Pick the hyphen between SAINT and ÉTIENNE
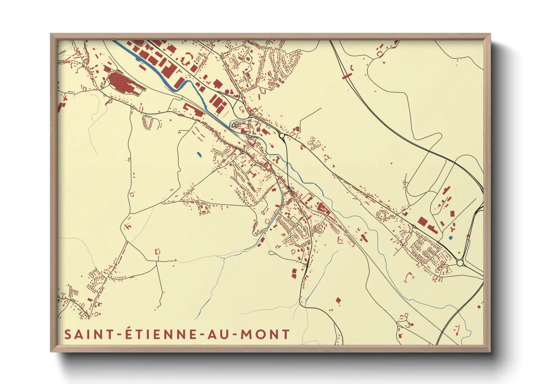[x=118, y=335]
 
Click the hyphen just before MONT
[x=235, y=335]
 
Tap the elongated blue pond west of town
[x=199, y=155]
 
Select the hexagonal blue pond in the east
[x=451, y=238]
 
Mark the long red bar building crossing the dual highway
[x=347, y=75]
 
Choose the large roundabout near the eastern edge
[x=460, y=262]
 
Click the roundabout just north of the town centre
[x=282, y=135]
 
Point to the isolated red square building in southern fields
[x=338, y=301]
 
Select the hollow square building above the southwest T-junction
[x=158, y=251]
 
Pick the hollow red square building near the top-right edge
[x=381, y=54]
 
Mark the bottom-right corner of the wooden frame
[x=490, y=351]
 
